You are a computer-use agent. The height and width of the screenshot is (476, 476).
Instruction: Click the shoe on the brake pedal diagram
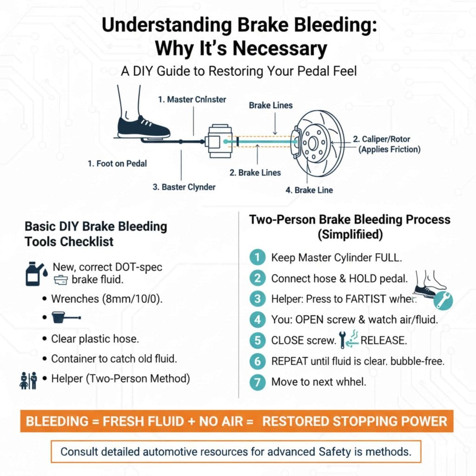(x=144, y=126)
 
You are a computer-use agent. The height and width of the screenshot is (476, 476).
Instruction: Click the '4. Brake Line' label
(x=309, y=190)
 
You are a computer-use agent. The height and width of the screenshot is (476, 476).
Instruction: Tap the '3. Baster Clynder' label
(x=184, y=187)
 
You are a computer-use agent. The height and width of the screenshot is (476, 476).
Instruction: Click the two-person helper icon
(x=28, y=380)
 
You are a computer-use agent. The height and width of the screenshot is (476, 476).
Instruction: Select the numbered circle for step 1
(x=256, y=257)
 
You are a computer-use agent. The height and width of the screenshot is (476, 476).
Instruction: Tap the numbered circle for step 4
(x=256, y=320)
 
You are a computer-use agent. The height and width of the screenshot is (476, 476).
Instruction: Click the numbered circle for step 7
(x=256, y=383)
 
